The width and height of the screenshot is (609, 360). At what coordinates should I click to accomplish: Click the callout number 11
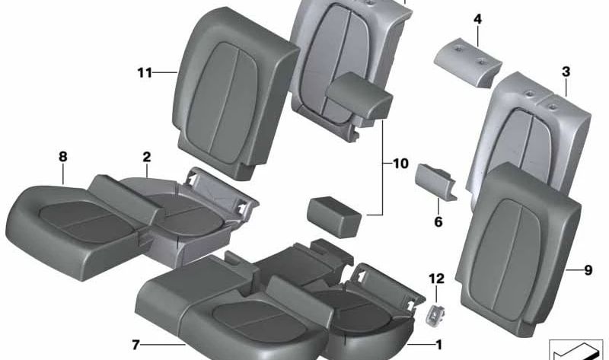coord(145,72)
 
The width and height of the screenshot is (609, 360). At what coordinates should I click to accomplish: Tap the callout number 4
coord(478,19)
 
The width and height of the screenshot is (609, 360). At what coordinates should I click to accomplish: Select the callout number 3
coord(566,72)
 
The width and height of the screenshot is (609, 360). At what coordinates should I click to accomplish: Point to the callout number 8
coord(63,157)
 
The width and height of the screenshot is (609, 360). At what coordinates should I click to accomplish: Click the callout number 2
coord(146,157)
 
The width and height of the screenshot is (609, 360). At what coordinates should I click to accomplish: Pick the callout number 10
coord(400,164)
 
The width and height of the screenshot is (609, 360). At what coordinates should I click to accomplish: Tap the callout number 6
coord(438,221)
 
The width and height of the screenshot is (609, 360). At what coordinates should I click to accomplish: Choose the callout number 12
coord(436,279)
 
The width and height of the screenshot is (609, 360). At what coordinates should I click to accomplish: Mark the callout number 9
coord(588,270)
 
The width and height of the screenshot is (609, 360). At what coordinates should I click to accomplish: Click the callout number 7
coord(136,345)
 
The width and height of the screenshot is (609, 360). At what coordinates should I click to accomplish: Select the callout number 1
coord(439,345)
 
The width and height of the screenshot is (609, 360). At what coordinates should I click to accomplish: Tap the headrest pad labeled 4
coord(468,62)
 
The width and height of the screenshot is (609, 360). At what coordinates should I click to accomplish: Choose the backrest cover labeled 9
coord(519,249)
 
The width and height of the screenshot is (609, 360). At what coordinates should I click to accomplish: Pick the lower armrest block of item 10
coord(335,217)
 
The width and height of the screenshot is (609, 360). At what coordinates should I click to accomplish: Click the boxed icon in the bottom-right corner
coord(579,350)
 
